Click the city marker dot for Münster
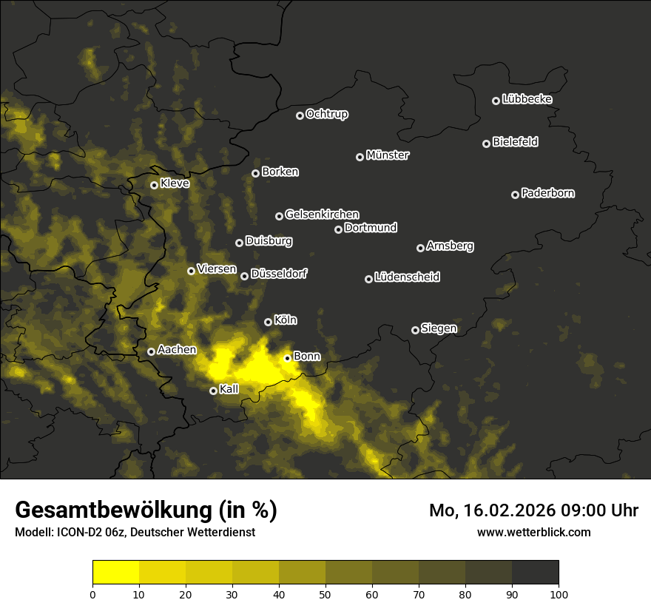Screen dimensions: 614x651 (x=360, y=157)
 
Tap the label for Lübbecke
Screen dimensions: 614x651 (x=527, y=99)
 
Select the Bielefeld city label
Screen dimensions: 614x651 (x=515, y=142)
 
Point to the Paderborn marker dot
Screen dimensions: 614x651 (x=515, y=195)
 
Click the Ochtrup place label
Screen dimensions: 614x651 (x=326, y=114)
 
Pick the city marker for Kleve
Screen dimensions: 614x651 (x=154, y=185)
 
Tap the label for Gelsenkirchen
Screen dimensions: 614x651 (x=322, y=215)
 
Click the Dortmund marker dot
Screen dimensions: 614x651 (x=338, y=229)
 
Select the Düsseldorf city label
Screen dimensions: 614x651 (x=278, y=274)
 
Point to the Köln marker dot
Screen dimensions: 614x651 (x=268, y=322)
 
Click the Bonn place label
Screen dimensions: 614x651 (x=307, y=357)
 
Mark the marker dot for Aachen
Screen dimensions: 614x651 (x=151, y=351)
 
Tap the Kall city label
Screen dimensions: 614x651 (x=229, y=389)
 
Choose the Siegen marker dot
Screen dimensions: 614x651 (x=415, y=330)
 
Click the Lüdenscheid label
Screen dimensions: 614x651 (x=407, y=277)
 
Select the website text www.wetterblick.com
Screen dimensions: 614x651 (x=533, y=532)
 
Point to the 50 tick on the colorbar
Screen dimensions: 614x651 (x=325, y=593)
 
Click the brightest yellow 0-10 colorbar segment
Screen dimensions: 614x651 (x=115, y=573)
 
